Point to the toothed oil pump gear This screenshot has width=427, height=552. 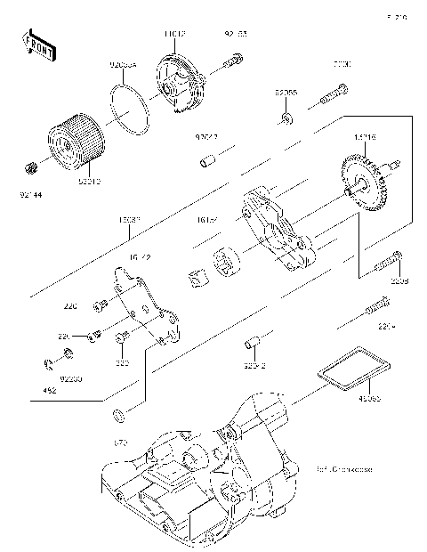pos(367,181)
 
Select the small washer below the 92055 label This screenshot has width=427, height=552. pos(285,118)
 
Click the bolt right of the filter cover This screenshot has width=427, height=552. pos(233,63)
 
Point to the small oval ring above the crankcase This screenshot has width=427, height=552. pos(118,415)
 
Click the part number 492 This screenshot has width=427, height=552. pos(50,389)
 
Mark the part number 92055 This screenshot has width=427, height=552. pos(286,92)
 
